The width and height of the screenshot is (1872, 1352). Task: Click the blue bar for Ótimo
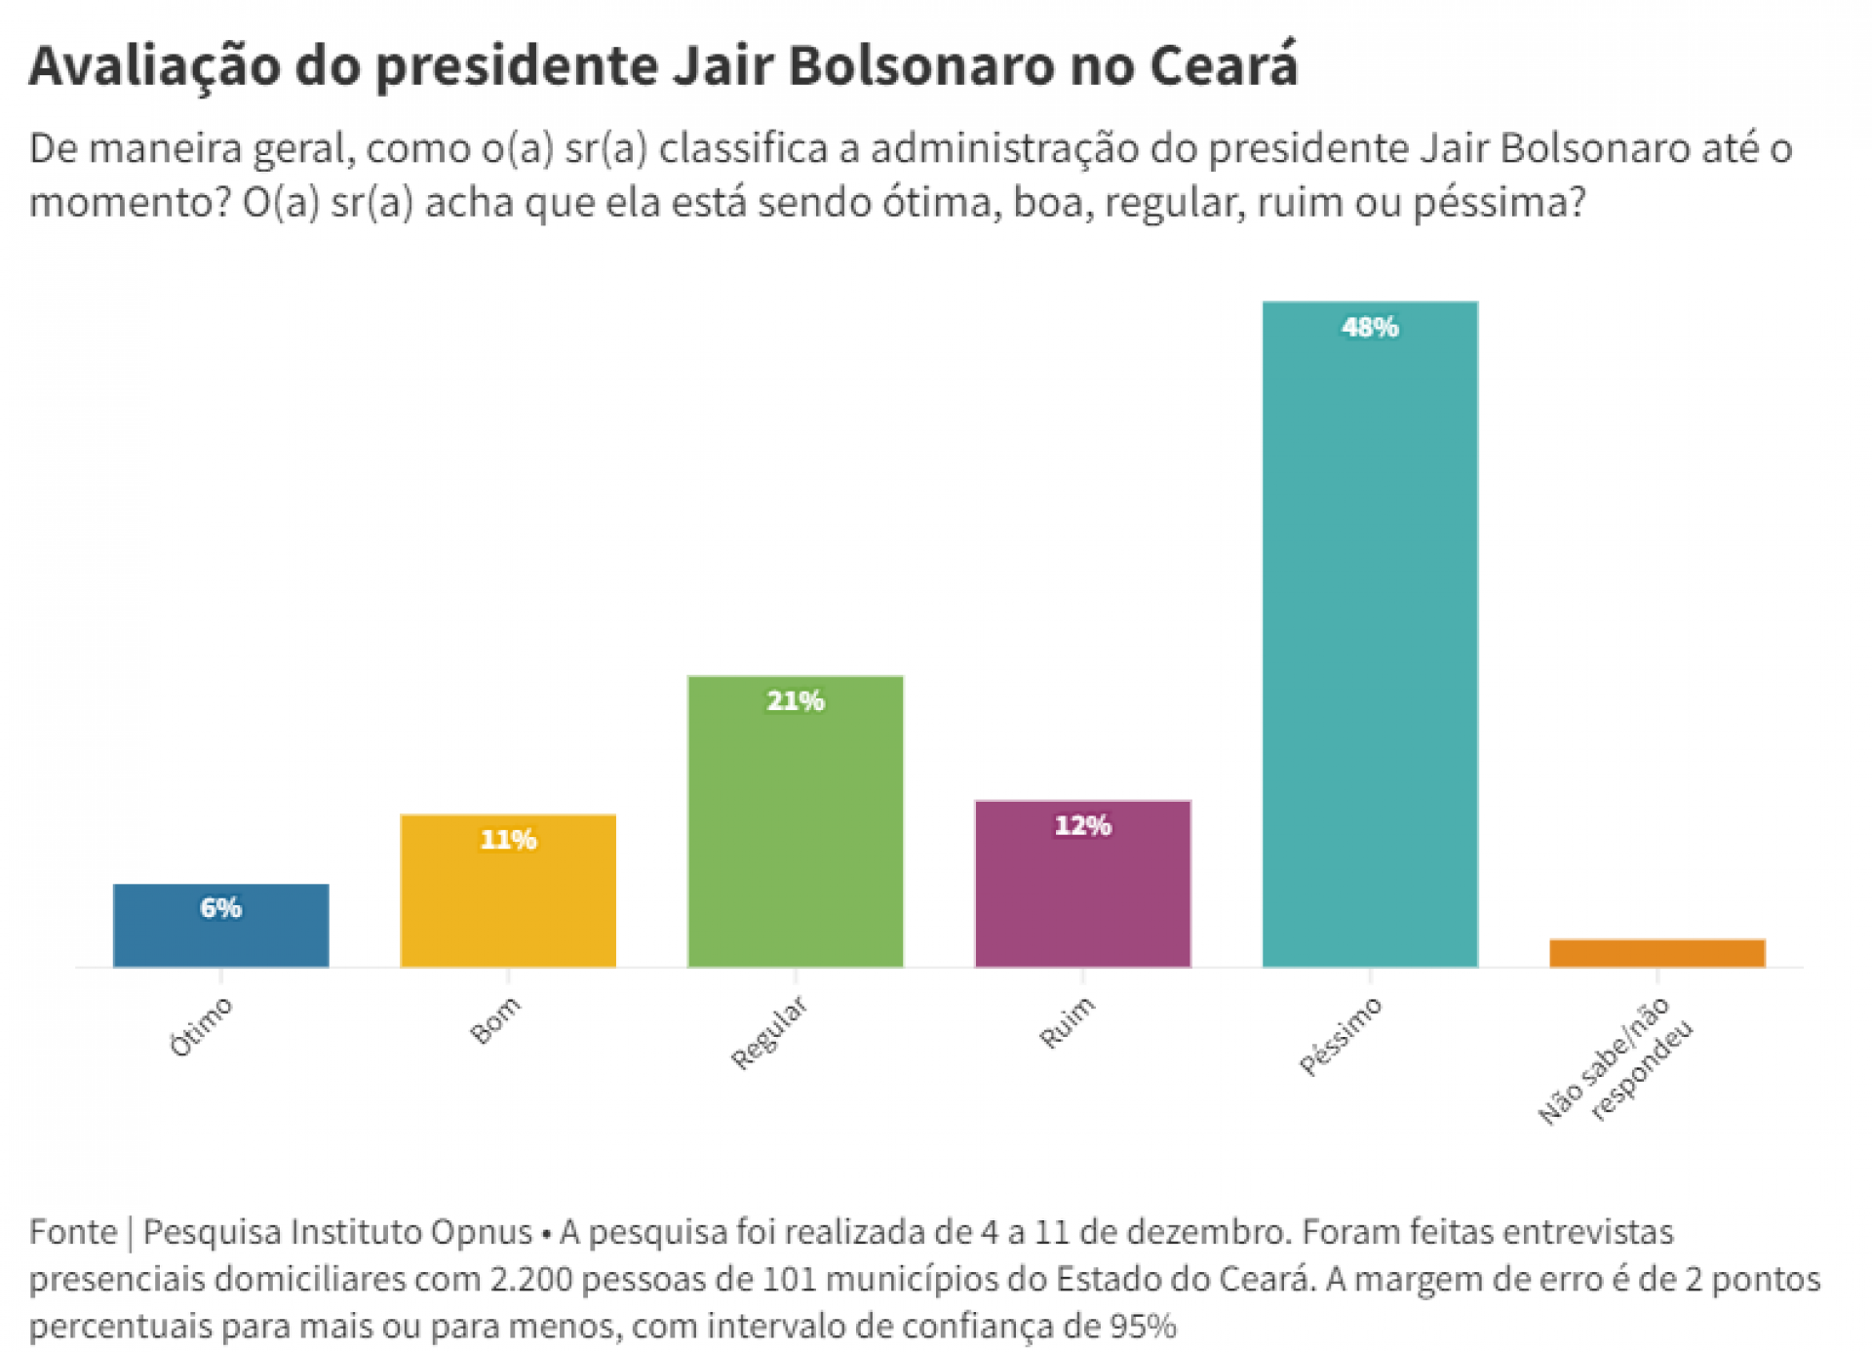220,936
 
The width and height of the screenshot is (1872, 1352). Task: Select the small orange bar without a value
1657,953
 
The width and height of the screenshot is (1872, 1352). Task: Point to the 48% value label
1370,328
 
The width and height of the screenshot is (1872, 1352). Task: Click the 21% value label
795,701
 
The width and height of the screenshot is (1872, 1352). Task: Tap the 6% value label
220,908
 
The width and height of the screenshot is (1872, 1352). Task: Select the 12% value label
1082,826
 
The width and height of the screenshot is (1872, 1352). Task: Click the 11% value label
508,840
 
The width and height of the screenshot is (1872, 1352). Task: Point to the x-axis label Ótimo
201,1027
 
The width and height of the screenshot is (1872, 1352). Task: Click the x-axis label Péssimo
1341,1037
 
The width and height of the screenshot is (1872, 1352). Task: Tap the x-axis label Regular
769,1033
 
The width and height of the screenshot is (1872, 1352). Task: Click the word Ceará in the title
1223,66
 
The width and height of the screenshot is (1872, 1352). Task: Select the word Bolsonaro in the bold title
921,66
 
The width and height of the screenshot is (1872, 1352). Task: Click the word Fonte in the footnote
73,1232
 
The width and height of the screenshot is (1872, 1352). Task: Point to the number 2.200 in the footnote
531,1279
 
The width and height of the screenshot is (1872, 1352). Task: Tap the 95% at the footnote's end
1143,1327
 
